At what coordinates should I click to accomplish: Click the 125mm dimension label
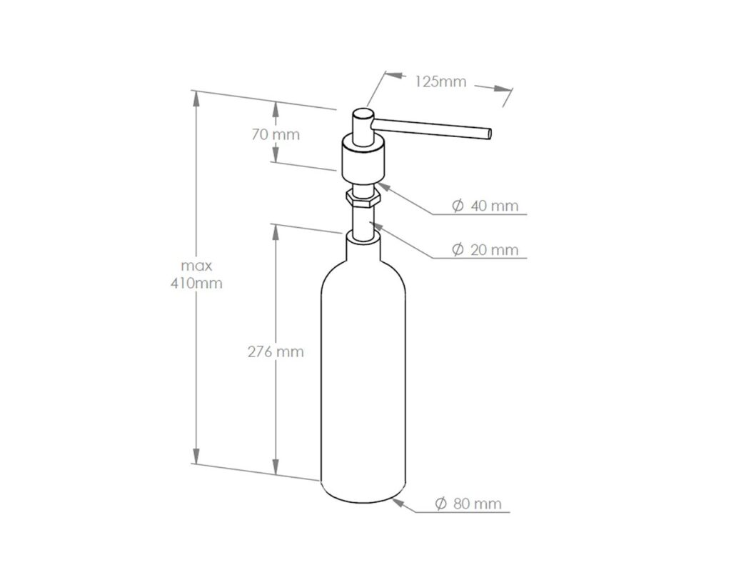[x=440, y=81]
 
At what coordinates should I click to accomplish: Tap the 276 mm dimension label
[x=275, y=351]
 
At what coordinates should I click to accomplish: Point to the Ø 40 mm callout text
[x=485, y=206]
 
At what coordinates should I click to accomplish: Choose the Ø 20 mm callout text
[x=485, y=249]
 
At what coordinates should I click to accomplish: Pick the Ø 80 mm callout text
[x=468, y=504]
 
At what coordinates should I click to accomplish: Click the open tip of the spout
[x=489, y=132]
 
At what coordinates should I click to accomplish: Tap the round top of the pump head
[x=364, y=114]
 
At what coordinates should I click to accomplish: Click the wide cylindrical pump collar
[x=364, y=161]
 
